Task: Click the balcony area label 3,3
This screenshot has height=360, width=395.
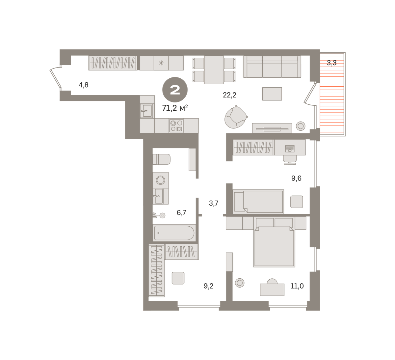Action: click(x=331, y=63)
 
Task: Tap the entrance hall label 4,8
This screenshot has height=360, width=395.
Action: click(x=84, y=85)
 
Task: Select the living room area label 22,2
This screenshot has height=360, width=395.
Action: click(x=229, y=95)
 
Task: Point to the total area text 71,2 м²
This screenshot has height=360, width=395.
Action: click(x=175, y=108)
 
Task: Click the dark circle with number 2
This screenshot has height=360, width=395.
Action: click(x=175, y=90)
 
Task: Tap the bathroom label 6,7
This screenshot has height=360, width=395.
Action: click(x=181, y=213)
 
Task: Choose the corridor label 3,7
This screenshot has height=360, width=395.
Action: click(x=214, y=203)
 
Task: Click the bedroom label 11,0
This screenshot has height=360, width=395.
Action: click(x=297, y=286)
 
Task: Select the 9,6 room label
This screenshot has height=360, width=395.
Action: click(x=296, y=178)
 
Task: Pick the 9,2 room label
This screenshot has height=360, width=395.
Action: click(x=208, y=286)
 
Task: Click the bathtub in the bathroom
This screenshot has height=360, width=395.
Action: click(x=174, y=233)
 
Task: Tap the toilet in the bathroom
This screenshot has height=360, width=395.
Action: click(x=162, y=159)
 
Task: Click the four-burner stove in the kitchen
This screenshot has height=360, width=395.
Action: click(x=176, y=126)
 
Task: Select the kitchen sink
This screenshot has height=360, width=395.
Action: click(x=146, y=111)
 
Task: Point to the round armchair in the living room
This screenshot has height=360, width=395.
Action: click(x=236, y=117)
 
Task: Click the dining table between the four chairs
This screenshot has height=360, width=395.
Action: click(x=214, y=70)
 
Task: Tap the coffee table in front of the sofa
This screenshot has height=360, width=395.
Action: click(x=272, y=94)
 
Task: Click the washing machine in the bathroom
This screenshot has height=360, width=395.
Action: click(x=161, y=180)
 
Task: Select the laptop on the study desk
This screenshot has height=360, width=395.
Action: click(x=290, y=149)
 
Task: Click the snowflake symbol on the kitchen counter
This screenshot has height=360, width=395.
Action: click(x=161, y=63)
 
